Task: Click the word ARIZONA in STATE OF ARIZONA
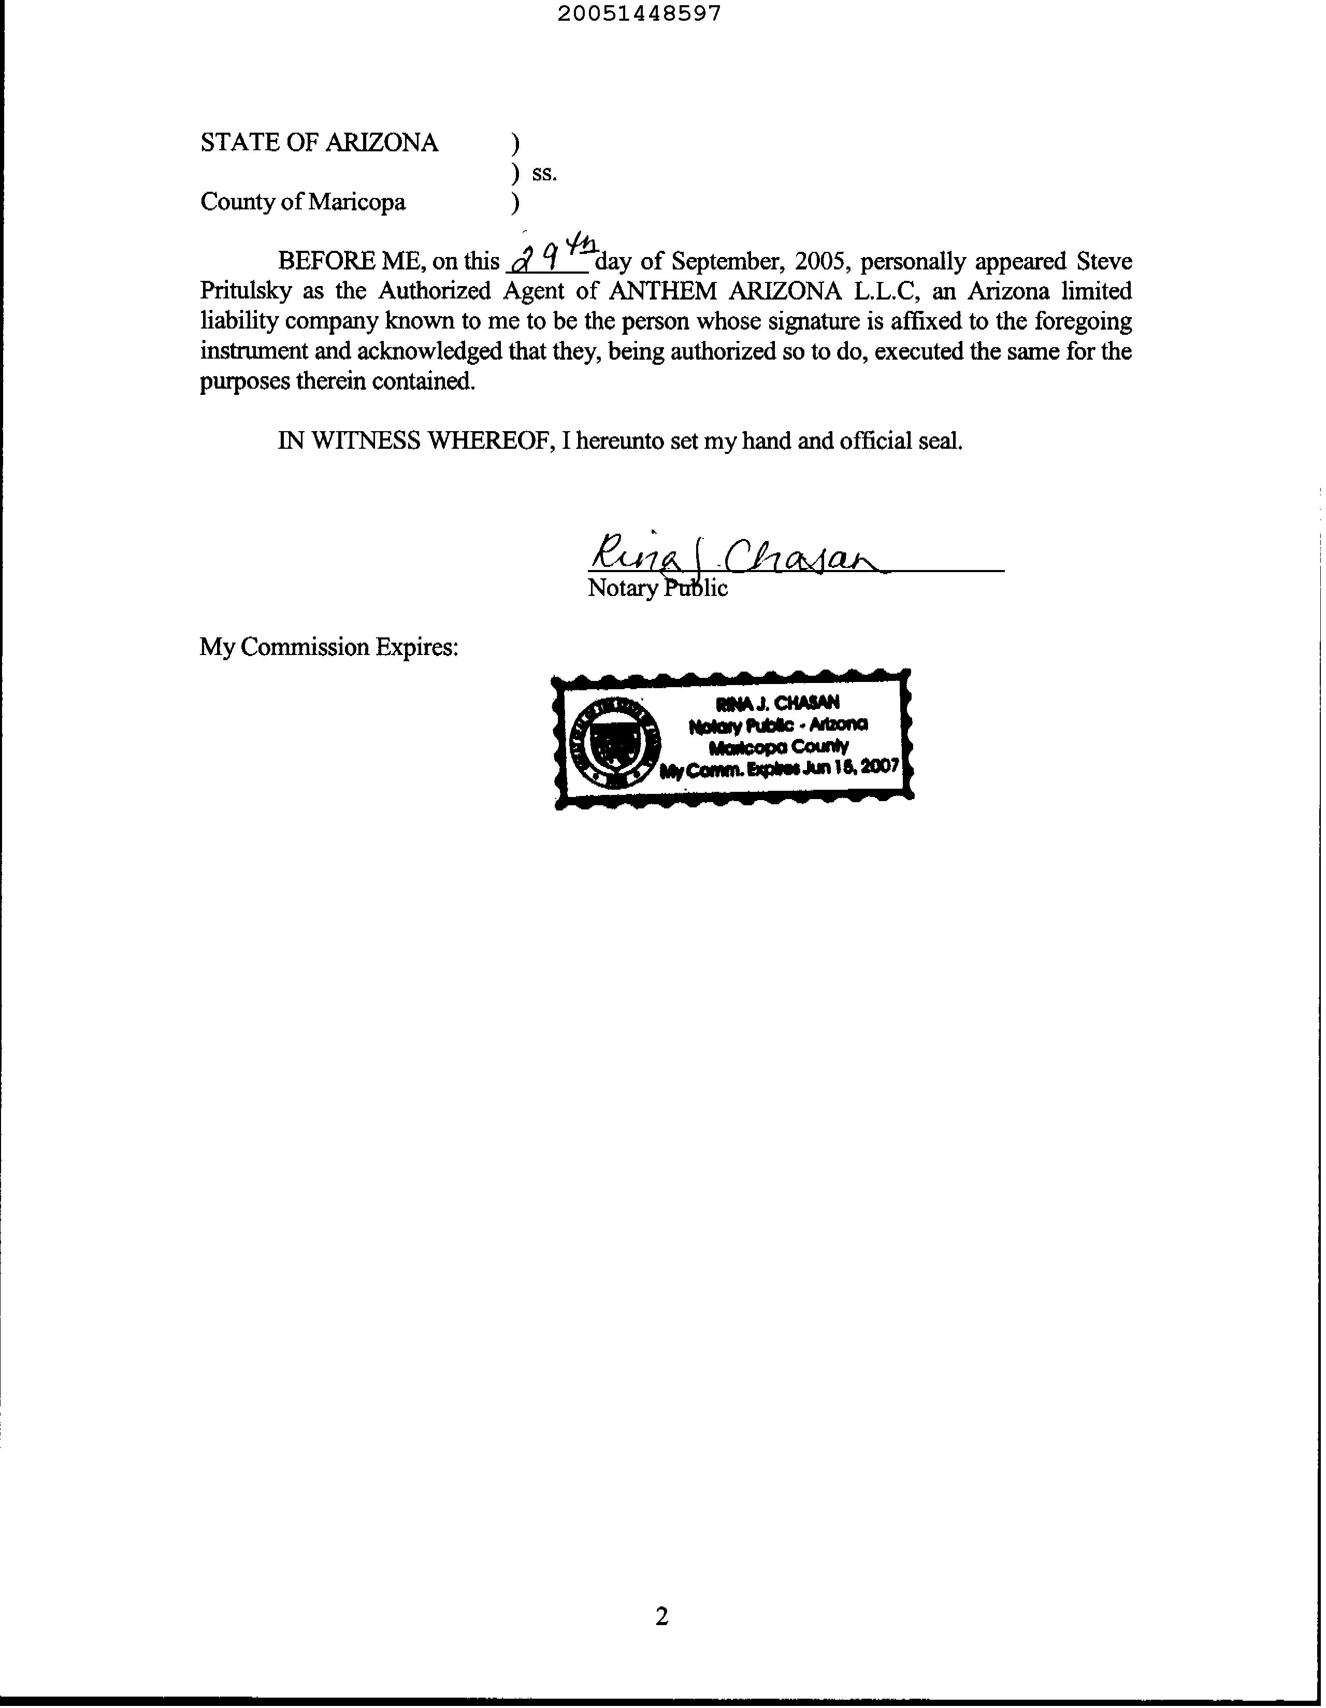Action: pos(382,143)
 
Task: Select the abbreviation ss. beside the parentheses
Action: pos(544,174)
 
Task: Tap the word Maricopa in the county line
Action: pos(356,203)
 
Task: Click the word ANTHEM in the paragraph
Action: pos(661,291)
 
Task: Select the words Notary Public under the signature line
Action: pos(657,588)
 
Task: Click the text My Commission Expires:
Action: pos(328,648)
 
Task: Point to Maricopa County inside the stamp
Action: pos(778,747)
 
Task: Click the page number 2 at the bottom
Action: pos(661,1616)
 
